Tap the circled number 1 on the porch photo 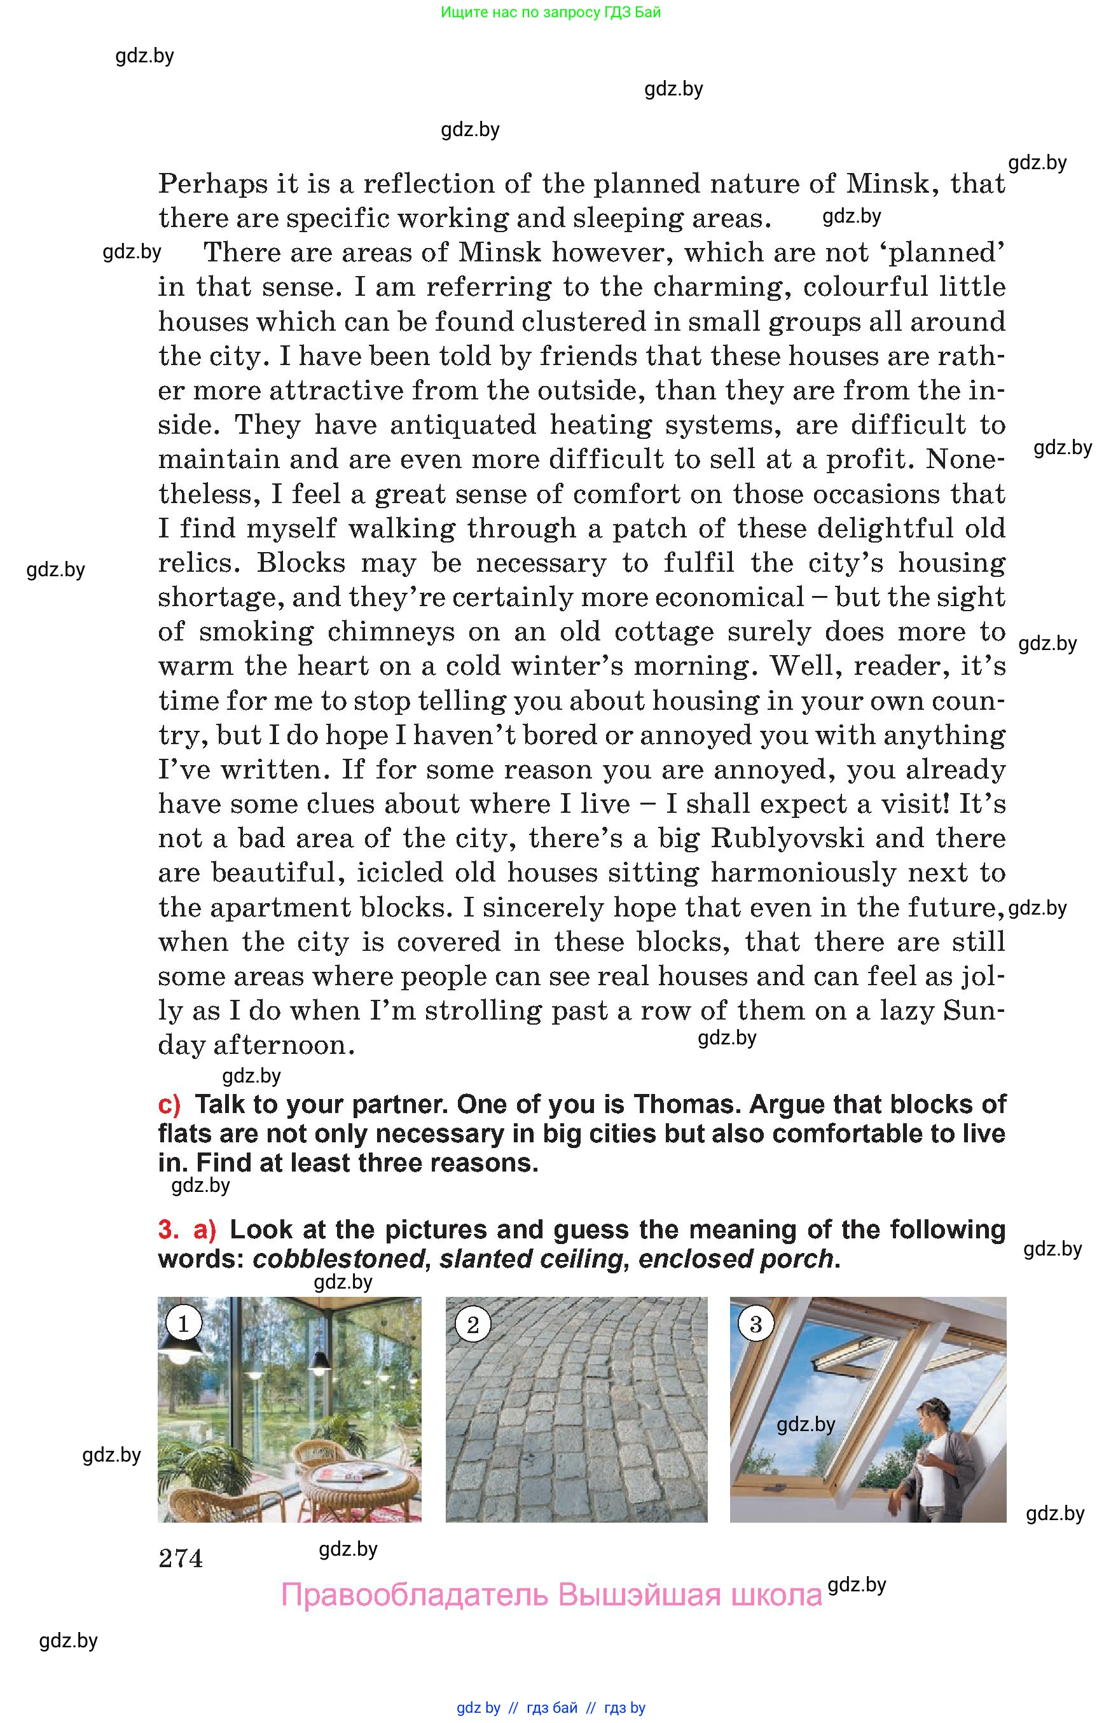click(x=183, y=1324)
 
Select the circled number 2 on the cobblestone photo click(x=473, y=1324)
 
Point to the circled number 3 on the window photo click(x=755, y=1324)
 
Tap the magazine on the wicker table click(x=342, y=1474)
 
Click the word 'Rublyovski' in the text click(x=787, y=838)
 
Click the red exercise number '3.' click(x=169, y=1229)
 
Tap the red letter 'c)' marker click(x=170, y=1104)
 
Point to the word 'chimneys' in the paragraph click(x=390, y=632)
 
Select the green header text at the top click(x=551, y=12)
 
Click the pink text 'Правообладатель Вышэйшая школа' click(x=551, y=1595)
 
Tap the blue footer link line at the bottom click(x=551, y=1707)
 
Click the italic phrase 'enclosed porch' click(x=736, y=1259)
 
